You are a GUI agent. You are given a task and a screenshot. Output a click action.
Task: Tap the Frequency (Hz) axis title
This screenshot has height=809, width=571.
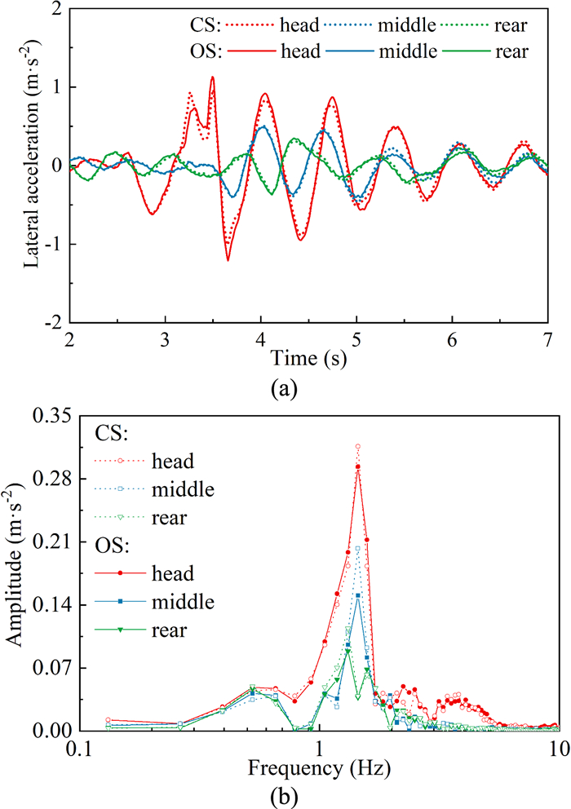tap(315, 767)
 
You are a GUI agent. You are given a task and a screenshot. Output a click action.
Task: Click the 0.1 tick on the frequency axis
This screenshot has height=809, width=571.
tap(78, 748)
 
